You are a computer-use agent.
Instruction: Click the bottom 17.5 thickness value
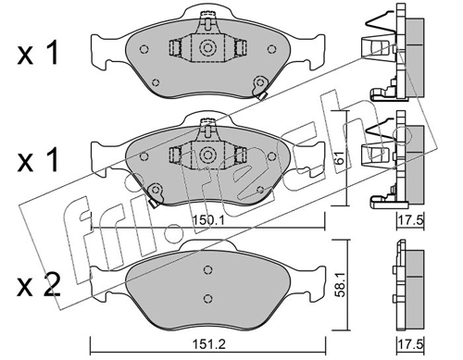(x=410, y=343)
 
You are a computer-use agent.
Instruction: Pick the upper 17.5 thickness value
(x=410, y=220)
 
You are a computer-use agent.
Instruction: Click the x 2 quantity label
(x=38, y=287)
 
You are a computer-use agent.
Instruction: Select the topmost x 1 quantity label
(x=38, y=54)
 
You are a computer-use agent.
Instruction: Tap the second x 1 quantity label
(x=38, y=160)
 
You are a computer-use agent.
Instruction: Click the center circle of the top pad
(x=206, y=47)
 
